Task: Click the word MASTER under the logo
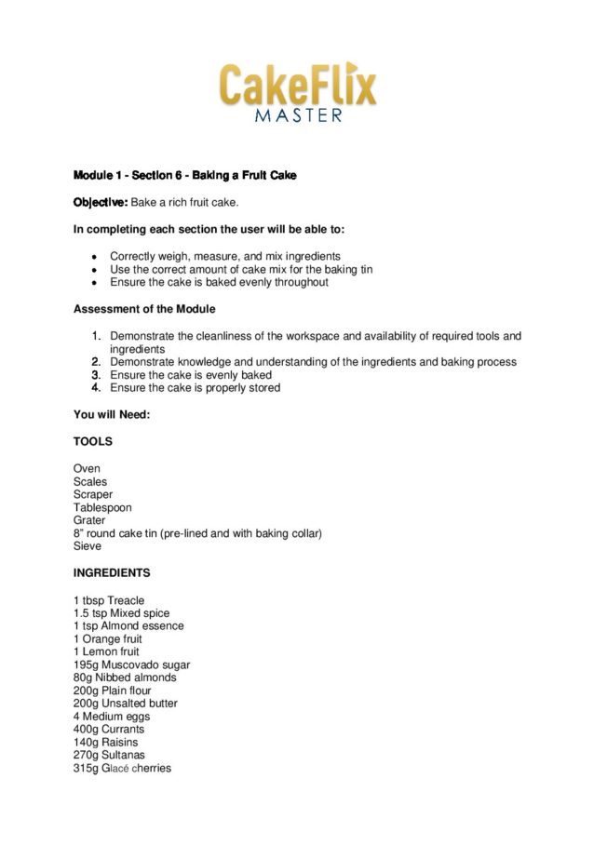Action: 298,115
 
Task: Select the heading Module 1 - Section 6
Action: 184,176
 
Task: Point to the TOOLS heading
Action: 93,441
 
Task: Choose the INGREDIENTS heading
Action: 112,572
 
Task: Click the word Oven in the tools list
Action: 87,468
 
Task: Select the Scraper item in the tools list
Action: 93,494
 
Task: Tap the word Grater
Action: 89,520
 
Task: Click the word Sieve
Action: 88,546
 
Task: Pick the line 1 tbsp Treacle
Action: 109,600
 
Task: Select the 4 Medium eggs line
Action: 112,717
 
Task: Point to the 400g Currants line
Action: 110,730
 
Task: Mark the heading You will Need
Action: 111,414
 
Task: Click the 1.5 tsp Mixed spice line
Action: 121,613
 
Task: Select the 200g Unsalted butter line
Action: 125,704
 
